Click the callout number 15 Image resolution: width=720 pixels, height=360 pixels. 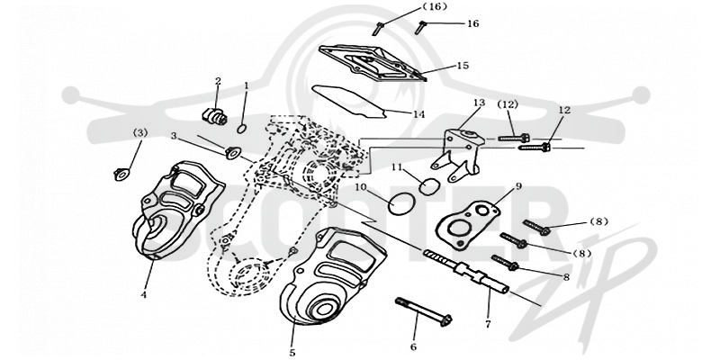[x=463, y=66]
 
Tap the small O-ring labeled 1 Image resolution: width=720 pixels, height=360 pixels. [x=242, y=129]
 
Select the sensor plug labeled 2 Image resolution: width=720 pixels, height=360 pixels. [x=214, y=116]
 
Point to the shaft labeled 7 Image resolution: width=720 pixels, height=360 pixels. [x=465, y=272]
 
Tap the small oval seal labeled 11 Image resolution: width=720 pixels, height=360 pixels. [x=430, y=186]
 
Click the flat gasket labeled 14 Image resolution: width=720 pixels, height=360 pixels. [x=349, y=102]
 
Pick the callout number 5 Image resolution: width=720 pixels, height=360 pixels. [x=292, y=353]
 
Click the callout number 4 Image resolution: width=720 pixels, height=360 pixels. [x=144, y=295]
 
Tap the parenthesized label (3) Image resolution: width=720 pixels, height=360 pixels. [x=140, y=132]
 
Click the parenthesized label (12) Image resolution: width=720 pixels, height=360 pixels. [x=508, y=104]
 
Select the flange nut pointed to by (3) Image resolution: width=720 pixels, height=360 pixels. [x=121, y=175]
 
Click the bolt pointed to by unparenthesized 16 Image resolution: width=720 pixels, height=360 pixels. [x=420, y=27]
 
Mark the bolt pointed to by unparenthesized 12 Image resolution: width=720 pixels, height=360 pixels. [x=535, y=147]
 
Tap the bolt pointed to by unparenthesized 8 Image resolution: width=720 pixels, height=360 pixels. [x=505, y=262]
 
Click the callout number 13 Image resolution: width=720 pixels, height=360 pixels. [x=479, y=103]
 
